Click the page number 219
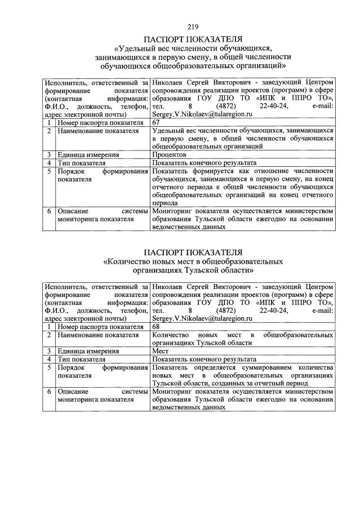coord(193,26)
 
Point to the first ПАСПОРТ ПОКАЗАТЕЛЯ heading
coord(193,39)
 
